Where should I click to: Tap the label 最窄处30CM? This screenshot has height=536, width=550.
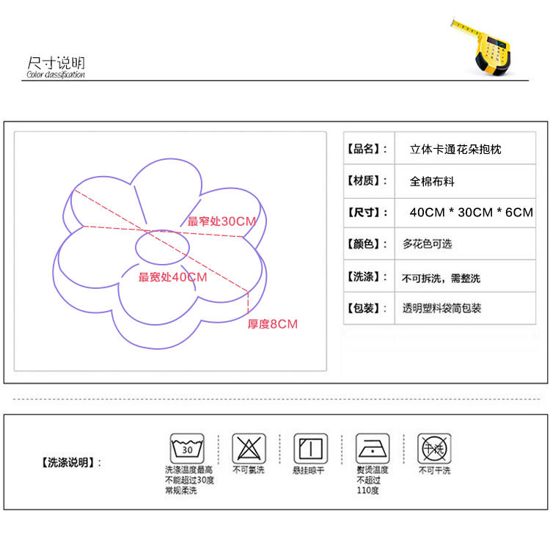pyautogui.click(x=221, y=221)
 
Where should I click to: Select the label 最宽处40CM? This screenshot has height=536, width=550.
pyautogui.click(x=173, y=277)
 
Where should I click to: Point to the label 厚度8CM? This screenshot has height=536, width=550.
pyautogui.click(x=272, y=324)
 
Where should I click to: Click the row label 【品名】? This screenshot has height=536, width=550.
pyautogui.click(x=367, y=150)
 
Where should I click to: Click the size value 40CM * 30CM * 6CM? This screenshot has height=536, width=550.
pyautogui.click(x=471, y=213)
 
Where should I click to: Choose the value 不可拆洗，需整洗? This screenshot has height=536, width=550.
pyautogui.click(x=441, y=279)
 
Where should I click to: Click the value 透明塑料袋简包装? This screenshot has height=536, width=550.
pyautogui.click(x=441, y=309)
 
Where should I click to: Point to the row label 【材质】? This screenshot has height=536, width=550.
pyautogui.click(x=367, y=181)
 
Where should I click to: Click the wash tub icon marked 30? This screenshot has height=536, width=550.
pyautogui.click(x=188, y=447)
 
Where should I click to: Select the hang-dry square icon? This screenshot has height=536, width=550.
pyautogui.click(x=310, y=447)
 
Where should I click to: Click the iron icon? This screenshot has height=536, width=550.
pyautogui.click(x=372, y=447)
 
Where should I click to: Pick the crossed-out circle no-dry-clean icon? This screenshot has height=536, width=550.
pyautogui.click(x=433, y=447)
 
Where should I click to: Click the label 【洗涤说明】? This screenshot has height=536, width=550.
pyautogui.click(x=67, y=463)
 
